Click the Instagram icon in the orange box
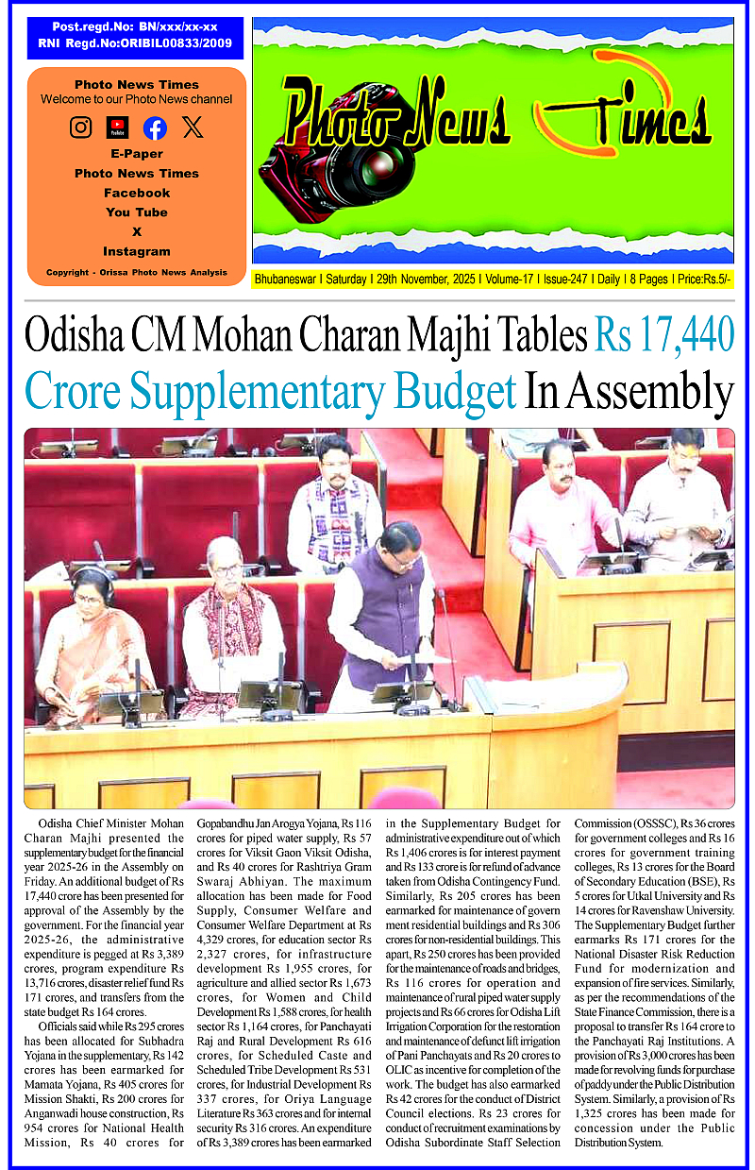[x=81, y=127]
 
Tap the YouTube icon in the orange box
[x=118, y=127]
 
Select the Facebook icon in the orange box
[x=155, y=128]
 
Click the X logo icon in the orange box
[x=193, y=127]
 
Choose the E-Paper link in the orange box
[x=137, y=154]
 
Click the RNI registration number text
[x=135, y=43]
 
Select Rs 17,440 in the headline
[x=663, y=336]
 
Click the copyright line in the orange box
[x=137, y=273]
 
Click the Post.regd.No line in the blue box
[x=135, y=27]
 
